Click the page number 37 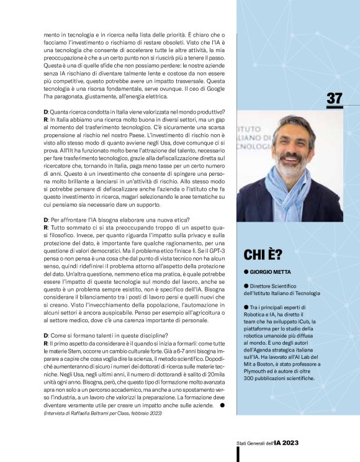pyautogui.click(x=334, y=99)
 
